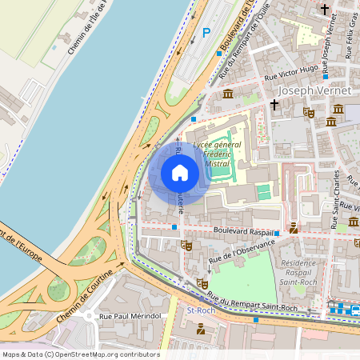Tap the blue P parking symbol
click(x=206, y=33)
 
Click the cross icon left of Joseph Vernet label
click(x=274, y=104)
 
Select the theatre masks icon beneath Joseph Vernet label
click(x=309, y=114)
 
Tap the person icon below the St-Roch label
click(x=200, y=328)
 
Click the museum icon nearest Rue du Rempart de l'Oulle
click(x=228, y=94)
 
